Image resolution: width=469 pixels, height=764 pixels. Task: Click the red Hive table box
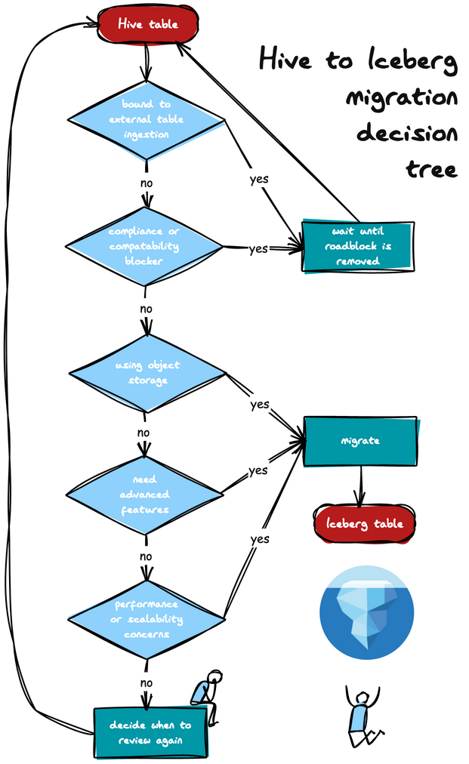pos(148,24)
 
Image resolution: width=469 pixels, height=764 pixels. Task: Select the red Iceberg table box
pos(365,524)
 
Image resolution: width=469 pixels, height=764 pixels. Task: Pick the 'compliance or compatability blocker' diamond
pos(143,246)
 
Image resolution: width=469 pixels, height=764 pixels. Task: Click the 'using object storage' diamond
pos(147,373)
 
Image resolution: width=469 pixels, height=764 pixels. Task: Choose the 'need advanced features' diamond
pos(144,494)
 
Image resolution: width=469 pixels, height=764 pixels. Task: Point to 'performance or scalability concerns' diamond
pos(147,619)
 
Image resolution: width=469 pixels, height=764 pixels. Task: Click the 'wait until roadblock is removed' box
pos(358,246)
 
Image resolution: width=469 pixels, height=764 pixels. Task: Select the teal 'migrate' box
pos(360,441)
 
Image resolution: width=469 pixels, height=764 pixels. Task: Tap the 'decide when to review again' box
pos(150,732)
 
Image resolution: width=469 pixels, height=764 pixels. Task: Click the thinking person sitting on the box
pos(206,695)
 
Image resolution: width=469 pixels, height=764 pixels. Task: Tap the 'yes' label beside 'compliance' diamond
pos(258,248)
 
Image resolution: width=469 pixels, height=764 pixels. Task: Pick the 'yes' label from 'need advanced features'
pos(258,470)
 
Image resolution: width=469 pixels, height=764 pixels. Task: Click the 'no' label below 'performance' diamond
pos(147,682)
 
